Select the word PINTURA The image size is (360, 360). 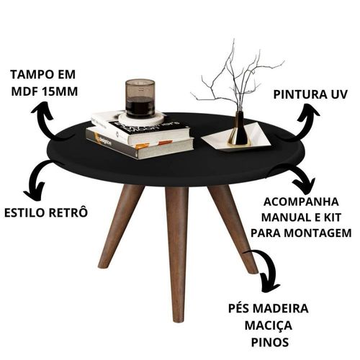click(298, 94)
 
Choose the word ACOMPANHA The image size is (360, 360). click(301, 202)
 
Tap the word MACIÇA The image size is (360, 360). click(268, 326)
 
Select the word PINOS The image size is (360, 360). click(270, 343)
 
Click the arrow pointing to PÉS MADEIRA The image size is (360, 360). click(268, 266)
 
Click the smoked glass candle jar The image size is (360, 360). click(140, 99)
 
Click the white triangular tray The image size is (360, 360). click(236, 139)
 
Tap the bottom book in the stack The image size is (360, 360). click(139, 143)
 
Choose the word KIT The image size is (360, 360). click(332, 217)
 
